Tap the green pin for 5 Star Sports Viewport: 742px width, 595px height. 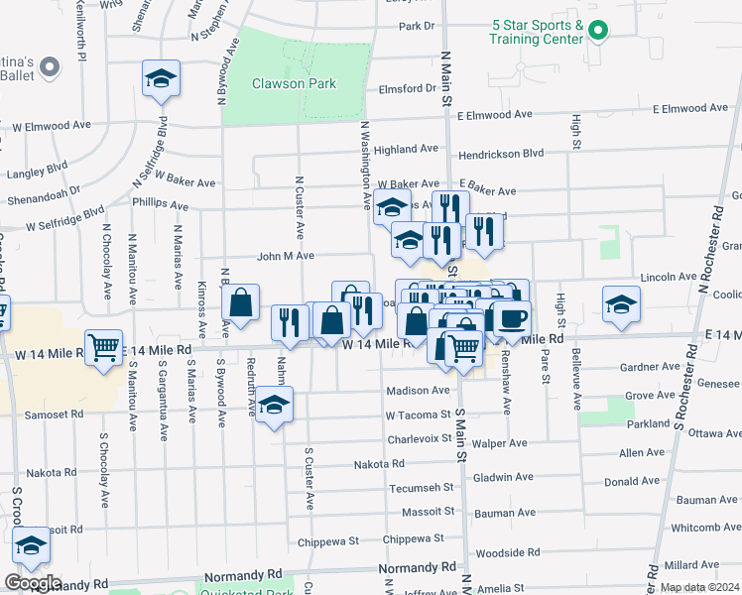tap(596, 31)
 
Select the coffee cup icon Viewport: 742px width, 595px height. tap(513, 318)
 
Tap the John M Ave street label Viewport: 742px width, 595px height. tap(286, 255)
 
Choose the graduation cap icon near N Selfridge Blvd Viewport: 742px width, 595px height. tap(160, 78)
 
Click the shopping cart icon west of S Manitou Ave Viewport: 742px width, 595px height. tap(104, 347)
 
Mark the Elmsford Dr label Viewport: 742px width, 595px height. tap(408, 88)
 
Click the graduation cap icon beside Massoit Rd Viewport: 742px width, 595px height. tap(31, 546)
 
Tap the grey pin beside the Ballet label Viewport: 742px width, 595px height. tap(53, 67)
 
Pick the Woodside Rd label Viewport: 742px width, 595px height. tap(507, 552)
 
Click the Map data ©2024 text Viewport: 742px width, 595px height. tap(699, 587)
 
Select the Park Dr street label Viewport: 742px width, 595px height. tap(416, 26)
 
